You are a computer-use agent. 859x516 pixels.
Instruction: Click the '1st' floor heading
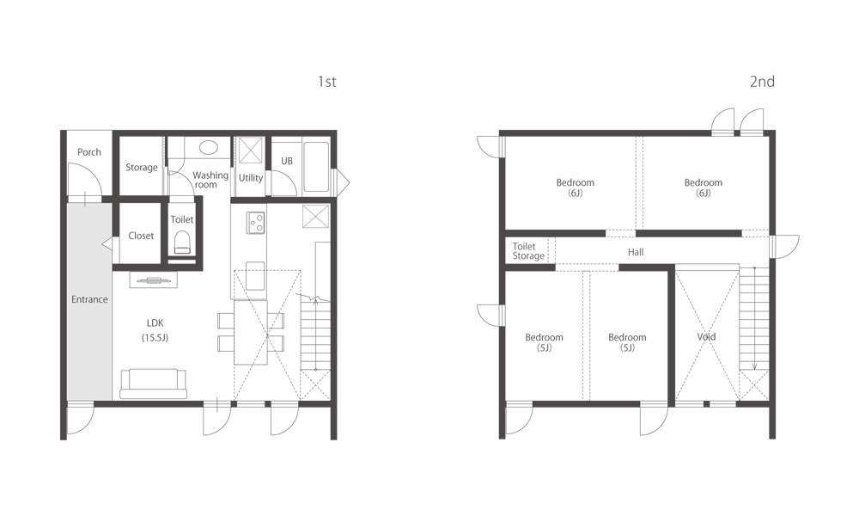coord(326,82)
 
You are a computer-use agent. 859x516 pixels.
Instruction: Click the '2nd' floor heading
coord(762,82)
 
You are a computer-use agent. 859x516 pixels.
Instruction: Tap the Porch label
coord(89,152)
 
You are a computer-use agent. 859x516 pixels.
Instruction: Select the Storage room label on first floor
coord(142,168)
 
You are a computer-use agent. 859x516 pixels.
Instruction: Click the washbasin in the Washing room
coord(208,147)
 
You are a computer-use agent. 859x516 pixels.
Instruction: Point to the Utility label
coord(251,178)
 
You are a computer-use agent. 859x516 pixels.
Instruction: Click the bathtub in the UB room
coord(316,166)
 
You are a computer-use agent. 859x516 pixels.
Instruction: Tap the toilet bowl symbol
coord(181,247)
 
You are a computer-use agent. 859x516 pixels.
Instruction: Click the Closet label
coord(141,236)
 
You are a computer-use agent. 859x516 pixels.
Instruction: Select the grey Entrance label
coord(89,299)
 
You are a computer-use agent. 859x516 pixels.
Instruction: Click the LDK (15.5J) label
coord(155,330)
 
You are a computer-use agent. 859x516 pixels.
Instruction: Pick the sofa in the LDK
coord(154,383)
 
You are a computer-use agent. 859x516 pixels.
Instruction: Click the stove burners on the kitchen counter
coord(256,222)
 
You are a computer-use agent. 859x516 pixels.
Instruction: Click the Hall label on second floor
coord(636,252)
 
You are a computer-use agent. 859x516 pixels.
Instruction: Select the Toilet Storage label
coord(528,251)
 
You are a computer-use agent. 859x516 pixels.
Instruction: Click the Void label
coord(706,337)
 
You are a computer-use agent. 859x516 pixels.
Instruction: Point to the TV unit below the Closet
coord(154,279)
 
